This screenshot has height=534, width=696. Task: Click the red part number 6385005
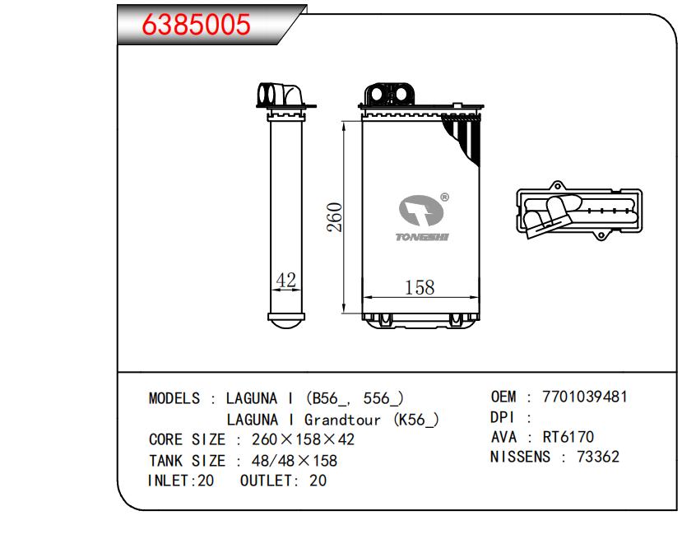pyautogui.click(x=196, y=24)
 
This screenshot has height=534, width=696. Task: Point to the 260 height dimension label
pyautogui.click(x=335, y=217)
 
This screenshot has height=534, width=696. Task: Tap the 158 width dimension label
pyautogui.click(x=420, y=287)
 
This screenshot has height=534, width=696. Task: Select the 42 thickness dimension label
pyautogui.click(x=285, y=280)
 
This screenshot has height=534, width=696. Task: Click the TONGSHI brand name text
pyautogui.click(x=422, y=237)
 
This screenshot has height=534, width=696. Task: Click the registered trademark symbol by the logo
pyautogui.click(x=444, y=197)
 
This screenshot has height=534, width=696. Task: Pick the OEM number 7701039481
pyautogui.click(x=585, y=397)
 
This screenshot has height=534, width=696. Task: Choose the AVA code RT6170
pyautogui.click(x=568, y=437)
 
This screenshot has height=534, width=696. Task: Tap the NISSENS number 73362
pyautogui.click(x=598, y=457)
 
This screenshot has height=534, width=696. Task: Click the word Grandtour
pyautogui.click(x=342, y=420)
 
